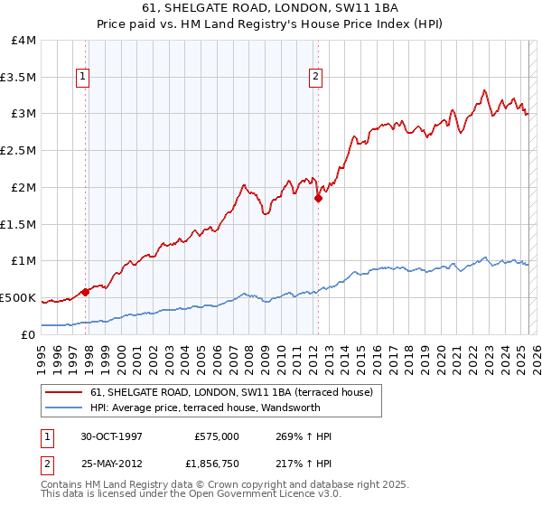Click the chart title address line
click(x=271, y=7)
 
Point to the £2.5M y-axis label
click(x=18, y=151)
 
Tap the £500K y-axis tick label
click(x=18, y=297)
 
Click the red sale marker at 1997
click(x=85, y=292)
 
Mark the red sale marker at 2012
click(x=318, y=198)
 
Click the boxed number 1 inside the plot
click(x=83, y=78)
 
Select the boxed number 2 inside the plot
click(x=316, y=78)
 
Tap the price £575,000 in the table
click(x=217, y=436)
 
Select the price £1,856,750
click(x=213, y=464)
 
